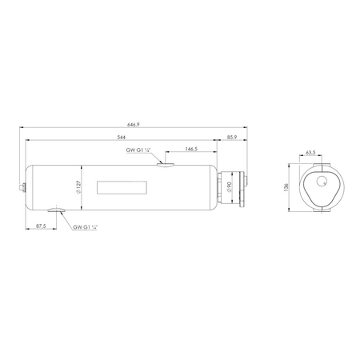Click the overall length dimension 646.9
(x=133, y=124)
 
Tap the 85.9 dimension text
(x=232, y=136)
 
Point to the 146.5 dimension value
(x=191, y=149)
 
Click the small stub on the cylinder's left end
(x=25, y=187)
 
